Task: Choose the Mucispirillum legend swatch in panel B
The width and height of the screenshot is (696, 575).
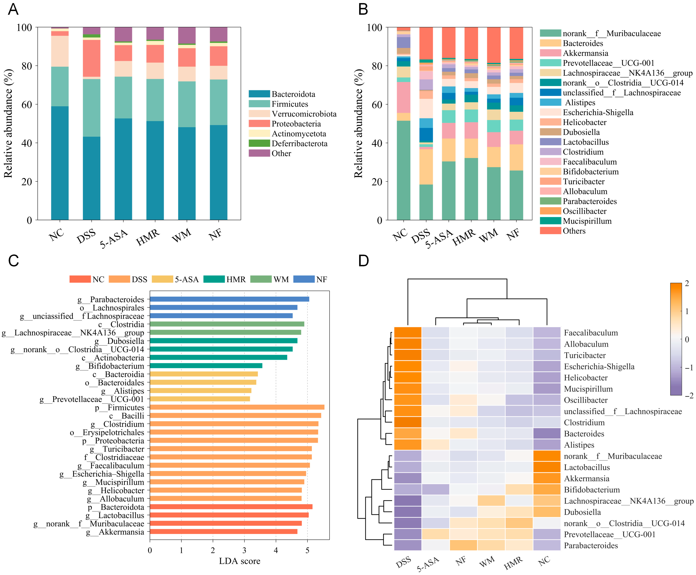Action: coord(550,221)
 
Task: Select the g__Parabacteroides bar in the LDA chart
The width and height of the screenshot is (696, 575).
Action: coord(229,299)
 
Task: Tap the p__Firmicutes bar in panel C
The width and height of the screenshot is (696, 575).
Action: coord(237,407)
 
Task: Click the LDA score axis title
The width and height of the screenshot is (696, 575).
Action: coord(239,561)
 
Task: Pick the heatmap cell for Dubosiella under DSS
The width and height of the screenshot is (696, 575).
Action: coord(407,512)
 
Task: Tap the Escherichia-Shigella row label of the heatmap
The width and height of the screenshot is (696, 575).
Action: coord(599,366)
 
